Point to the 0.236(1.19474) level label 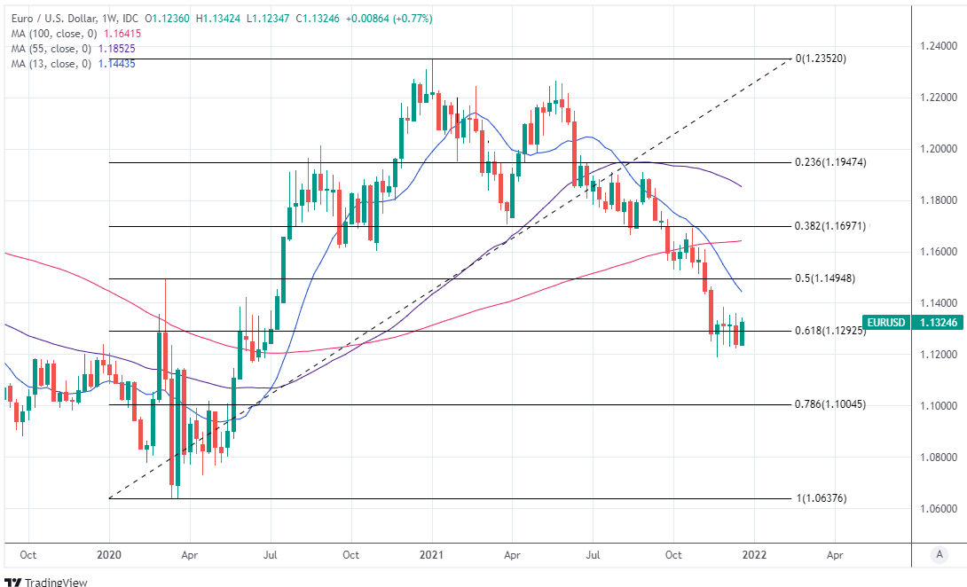(x=829, y=162)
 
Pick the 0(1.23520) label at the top (x=821, y=59)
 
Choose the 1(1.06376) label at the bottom (x=821, y=498)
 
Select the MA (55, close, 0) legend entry (x=59, y=48)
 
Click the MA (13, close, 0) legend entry (x=59, y=63)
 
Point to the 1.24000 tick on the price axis (x=937, y=45)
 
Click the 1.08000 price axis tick (x=937, y=458)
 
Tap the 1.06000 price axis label (x=937, y=509)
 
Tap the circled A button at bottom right (x=939, y=554)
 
